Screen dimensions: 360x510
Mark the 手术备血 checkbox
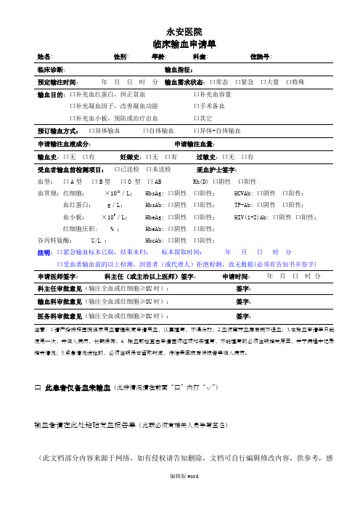click(x=196, y=106)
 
